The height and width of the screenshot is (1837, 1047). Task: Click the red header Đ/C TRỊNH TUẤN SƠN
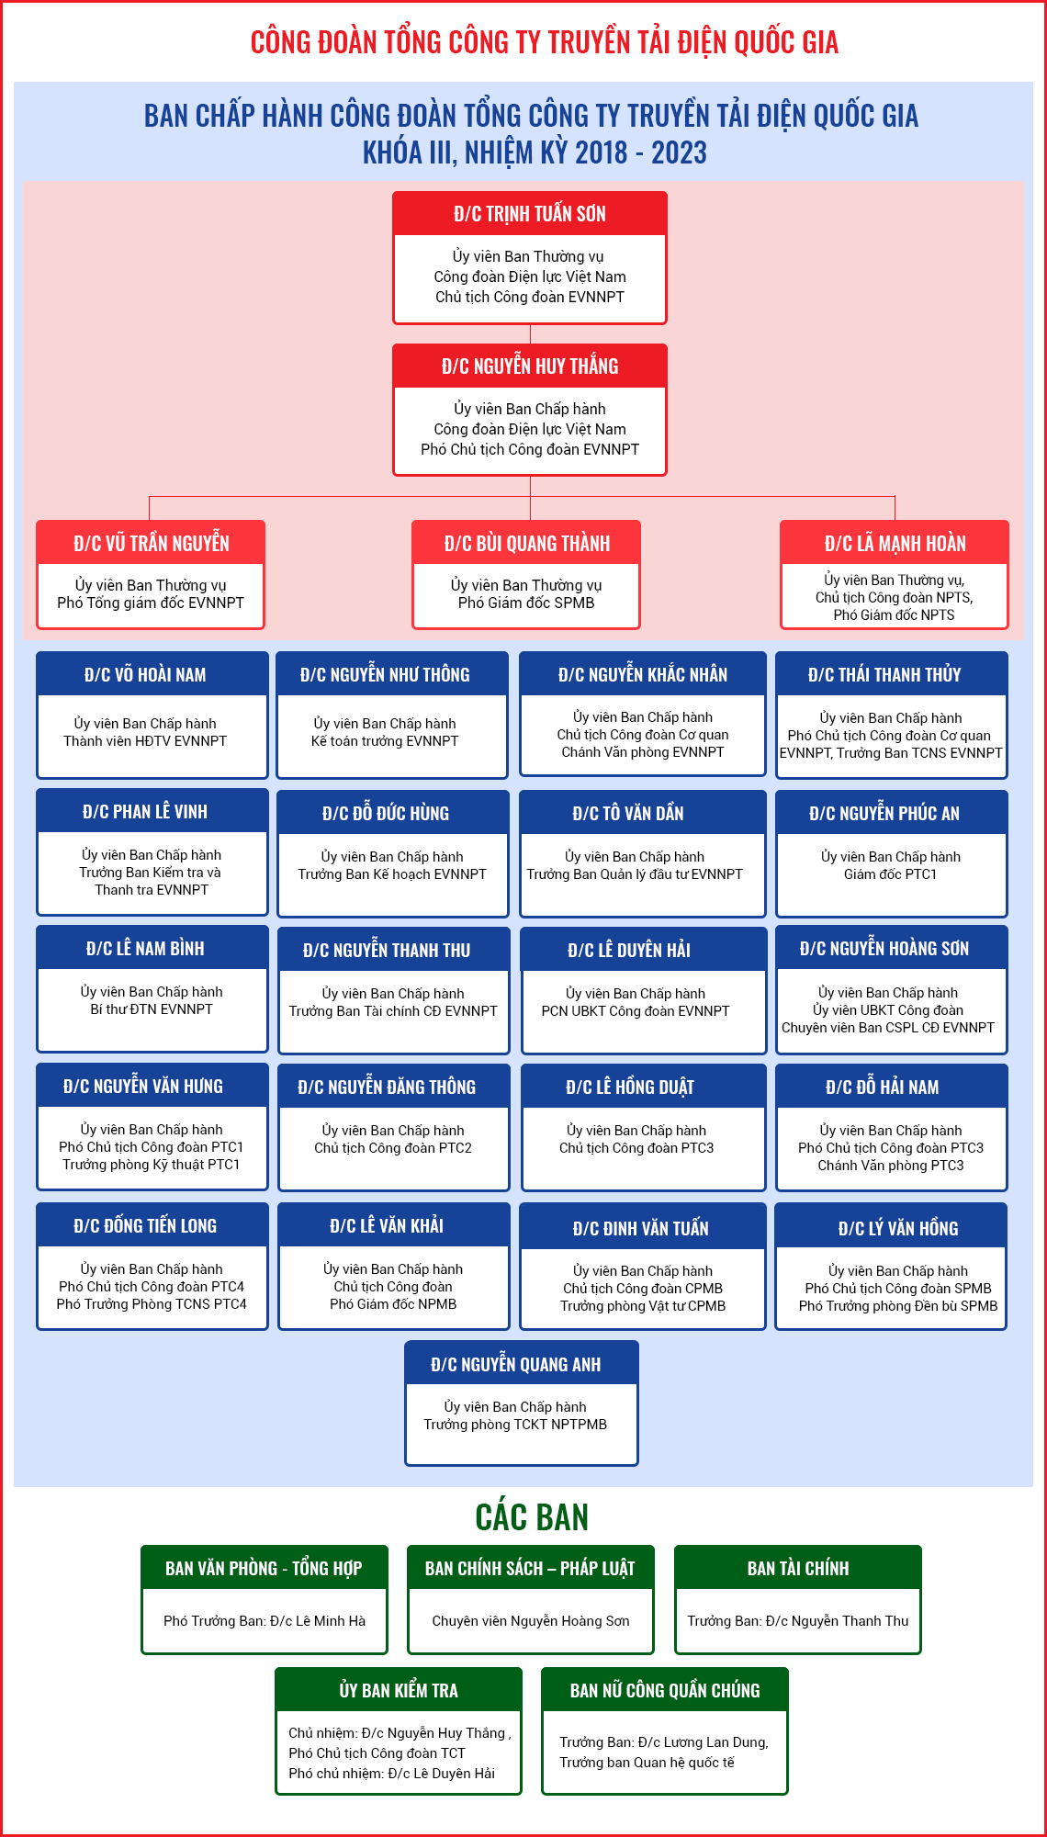530,214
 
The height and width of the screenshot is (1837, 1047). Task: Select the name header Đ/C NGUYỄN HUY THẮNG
530,366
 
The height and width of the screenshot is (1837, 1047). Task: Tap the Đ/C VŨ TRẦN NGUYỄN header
151,543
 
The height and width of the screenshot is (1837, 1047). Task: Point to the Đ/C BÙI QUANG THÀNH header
526,543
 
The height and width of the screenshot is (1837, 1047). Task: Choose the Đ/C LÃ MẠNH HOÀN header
895,543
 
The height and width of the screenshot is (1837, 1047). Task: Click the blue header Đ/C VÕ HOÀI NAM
145,674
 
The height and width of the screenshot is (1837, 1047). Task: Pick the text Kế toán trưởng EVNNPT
385,741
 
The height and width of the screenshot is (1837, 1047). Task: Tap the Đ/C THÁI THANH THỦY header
884,674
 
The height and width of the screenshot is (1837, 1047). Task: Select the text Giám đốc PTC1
891,874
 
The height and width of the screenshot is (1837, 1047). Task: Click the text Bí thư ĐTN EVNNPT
152,1009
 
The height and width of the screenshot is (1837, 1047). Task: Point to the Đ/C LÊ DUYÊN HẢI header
629,950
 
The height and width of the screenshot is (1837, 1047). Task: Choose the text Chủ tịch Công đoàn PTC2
393,1148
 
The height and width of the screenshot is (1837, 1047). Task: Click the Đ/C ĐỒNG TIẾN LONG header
145,1225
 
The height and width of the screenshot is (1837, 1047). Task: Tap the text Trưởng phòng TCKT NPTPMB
515,1425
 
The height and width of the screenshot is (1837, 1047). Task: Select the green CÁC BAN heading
532,1516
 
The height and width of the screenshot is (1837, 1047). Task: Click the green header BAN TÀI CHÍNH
798,1568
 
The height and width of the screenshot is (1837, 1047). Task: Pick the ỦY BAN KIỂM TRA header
399,1690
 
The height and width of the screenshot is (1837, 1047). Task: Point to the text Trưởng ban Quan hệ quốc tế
647,1763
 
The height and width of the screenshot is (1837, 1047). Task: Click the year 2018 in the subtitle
602,152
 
